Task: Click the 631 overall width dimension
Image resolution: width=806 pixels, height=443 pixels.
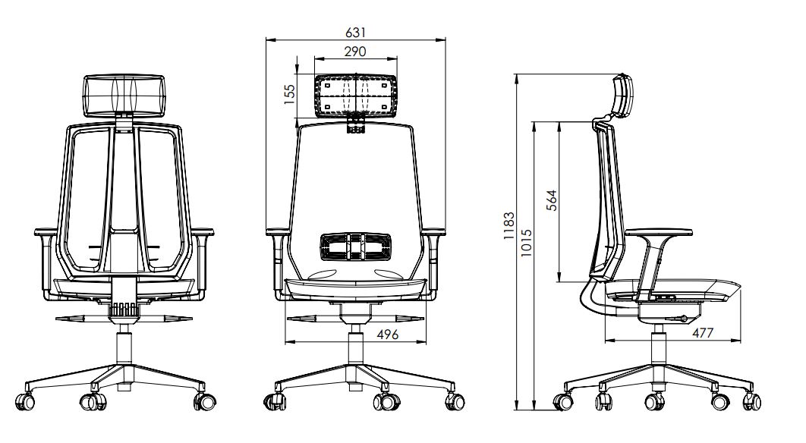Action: [356, 33]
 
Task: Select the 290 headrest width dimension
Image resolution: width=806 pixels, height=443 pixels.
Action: [355, 52]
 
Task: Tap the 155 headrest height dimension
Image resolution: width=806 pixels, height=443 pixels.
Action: [289, 95]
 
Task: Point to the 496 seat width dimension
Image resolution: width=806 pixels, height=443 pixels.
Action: [388, 335]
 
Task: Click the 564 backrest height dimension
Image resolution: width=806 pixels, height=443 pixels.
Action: [551, 200]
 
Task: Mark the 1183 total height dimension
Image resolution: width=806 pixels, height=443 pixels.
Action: [508, 226]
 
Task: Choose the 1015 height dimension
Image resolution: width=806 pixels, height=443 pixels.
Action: [526, 243]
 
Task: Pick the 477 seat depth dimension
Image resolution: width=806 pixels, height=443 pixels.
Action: [702, 333]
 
